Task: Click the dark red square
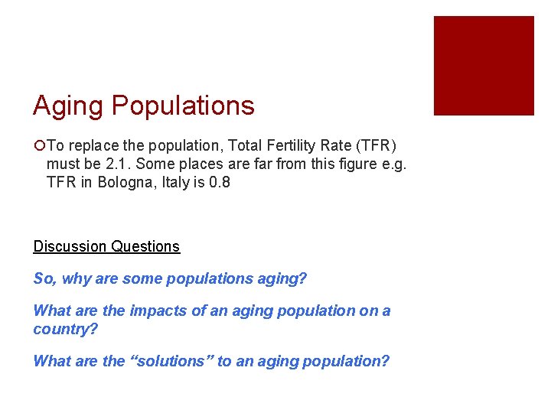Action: (484, 66)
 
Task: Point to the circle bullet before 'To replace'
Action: (38, 145)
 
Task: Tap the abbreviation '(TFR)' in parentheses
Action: (375, 145)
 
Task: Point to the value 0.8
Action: (220, 182)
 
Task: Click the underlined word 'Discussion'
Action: (70, 246)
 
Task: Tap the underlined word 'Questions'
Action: (145, 246)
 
